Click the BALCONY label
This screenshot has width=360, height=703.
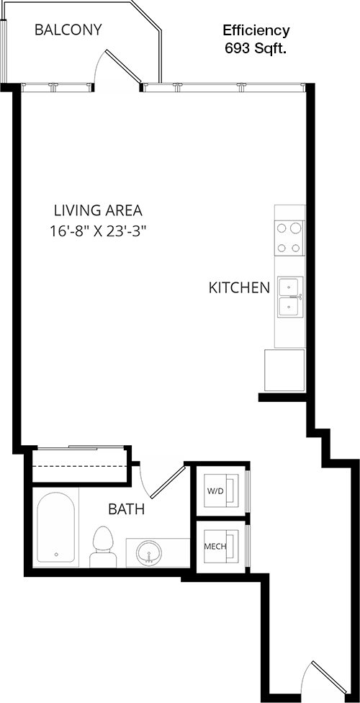point(68,30)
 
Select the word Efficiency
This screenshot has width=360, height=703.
point(256,30)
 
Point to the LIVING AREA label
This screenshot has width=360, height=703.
point(98,210)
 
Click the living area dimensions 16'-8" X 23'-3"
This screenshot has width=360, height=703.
point(99,231)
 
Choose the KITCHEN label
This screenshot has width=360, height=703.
point(240,288)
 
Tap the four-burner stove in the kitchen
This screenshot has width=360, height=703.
point(289,238)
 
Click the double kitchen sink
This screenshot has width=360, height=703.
point(290,297)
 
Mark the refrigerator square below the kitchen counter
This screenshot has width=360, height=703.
point(284,370)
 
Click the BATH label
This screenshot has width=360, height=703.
point(127,509)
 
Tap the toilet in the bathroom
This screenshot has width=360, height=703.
point(103,547)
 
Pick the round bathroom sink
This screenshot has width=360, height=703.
point(148,552)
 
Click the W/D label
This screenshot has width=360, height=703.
point(215,491)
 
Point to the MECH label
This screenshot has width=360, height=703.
point(215,547)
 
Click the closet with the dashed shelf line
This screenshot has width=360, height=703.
point(81,466)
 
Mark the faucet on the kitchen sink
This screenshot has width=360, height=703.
point(297,296)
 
